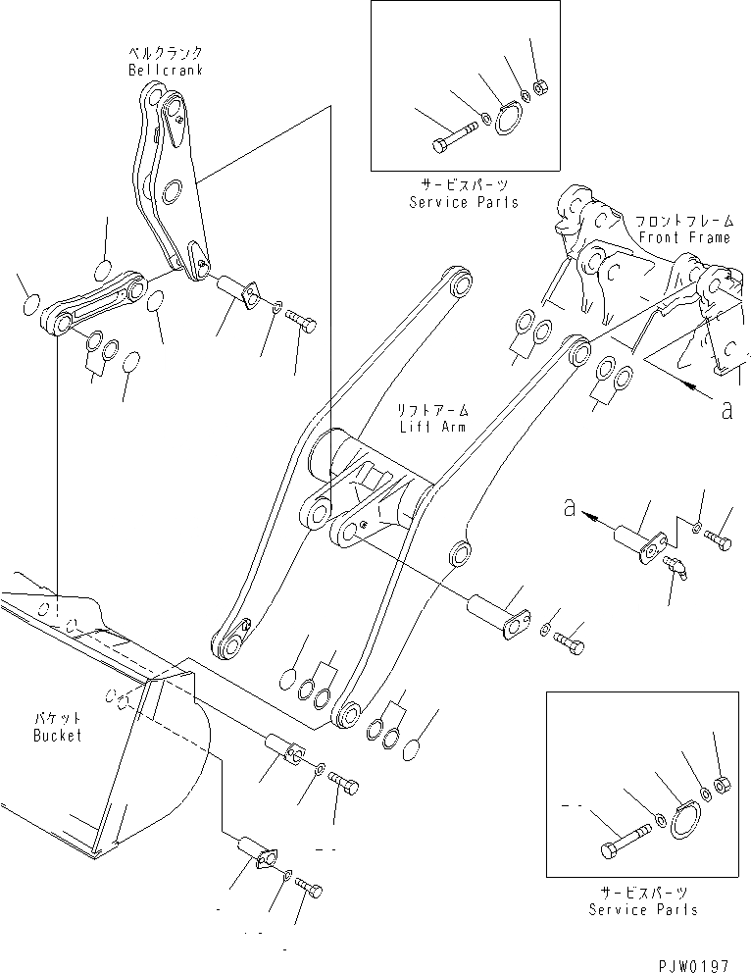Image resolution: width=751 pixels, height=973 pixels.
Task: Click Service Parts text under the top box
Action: (x=463, y=202)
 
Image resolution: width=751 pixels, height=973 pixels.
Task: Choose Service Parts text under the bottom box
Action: (x=643, y=909)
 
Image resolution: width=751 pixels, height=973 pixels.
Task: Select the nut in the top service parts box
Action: (x=540, y=85)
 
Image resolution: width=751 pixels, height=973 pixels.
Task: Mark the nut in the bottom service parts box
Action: (x=724, y=783)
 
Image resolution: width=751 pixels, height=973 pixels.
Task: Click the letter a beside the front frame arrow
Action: (x=726, y=412)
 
